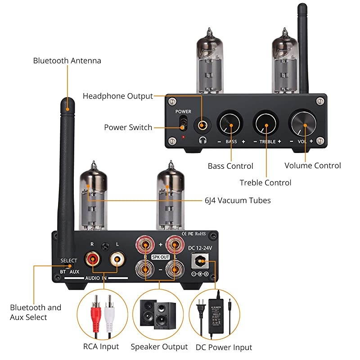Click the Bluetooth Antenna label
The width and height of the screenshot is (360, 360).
pos(67,61)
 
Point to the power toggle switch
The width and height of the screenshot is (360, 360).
pos(183,123)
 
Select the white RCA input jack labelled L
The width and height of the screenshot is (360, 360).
pos(118,259)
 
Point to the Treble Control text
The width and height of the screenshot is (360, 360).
pos(265,183)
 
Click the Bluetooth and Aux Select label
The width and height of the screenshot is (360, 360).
pos(36,312)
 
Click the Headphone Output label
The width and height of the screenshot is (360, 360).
pos(117,96)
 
